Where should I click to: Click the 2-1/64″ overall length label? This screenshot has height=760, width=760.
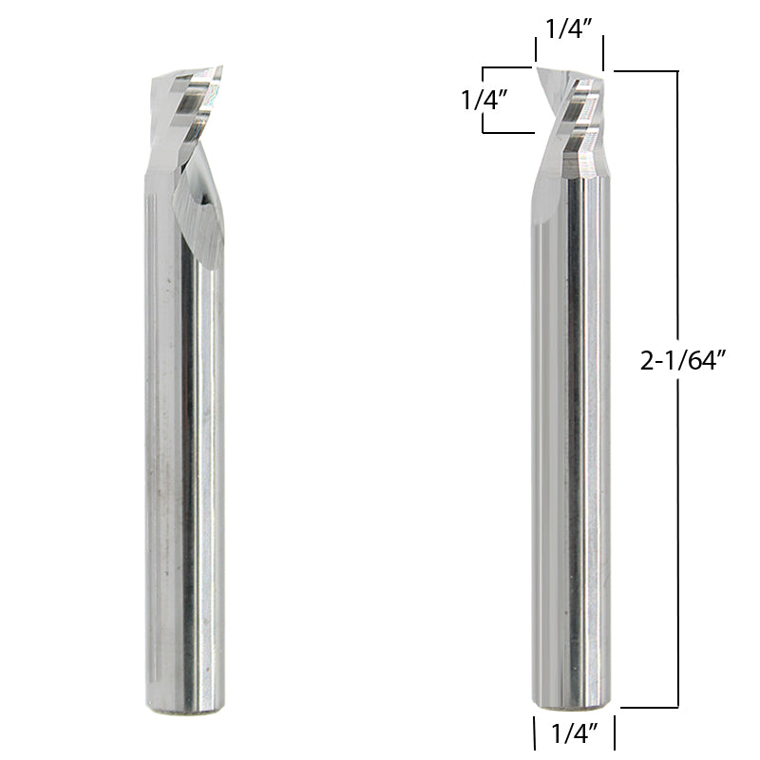(684, 360)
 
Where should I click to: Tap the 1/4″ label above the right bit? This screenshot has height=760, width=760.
(570, 28)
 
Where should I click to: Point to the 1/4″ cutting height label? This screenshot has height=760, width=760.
(482, 100)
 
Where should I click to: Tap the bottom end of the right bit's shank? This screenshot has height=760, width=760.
(570, 704)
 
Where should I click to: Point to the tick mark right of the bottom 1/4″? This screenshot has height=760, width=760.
(614, 732)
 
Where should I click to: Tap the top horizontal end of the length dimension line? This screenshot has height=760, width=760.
(646, 71)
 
